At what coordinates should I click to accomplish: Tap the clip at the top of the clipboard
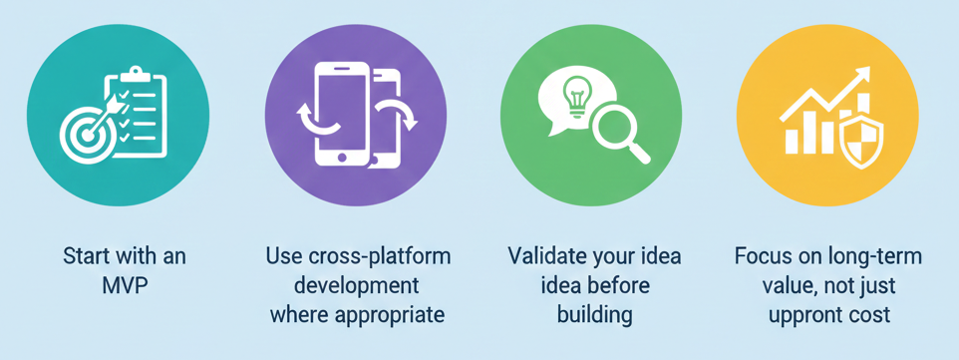[136, 76]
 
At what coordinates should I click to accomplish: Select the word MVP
[125, 285]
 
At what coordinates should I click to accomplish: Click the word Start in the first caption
[82, 256]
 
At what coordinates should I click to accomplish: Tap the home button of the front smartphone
[342, 157]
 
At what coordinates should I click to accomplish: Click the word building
[594, 315]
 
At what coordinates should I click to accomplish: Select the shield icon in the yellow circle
[861, 143]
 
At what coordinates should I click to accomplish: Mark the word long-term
[882, 256]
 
